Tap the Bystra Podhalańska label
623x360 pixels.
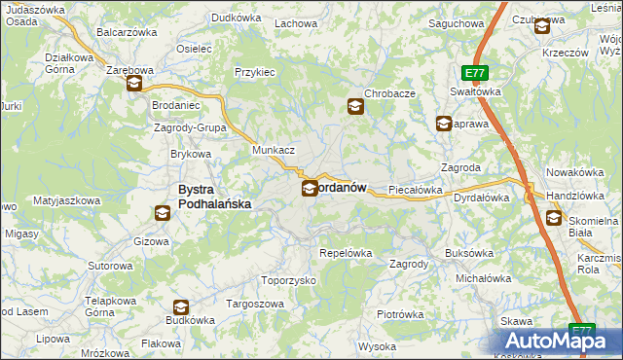[214, 197]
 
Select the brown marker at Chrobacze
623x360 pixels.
[355, 107]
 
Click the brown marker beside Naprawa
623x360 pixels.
[443, 124]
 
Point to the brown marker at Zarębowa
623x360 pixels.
[133, 85]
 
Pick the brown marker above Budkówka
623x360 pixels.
[180, 307]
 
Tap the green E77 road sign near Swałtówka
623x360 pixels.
[474, 73]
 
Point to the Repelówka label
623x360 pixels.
[346, 253]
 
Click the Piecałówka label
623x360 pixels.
[416, 190]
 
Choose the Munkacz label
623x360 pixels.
[273, 151]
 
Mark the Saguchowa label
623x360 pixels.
[456, 22]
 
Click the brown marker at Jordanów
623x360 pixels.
[309, 188]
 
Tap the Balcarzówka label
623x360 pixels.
[127, 32]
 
